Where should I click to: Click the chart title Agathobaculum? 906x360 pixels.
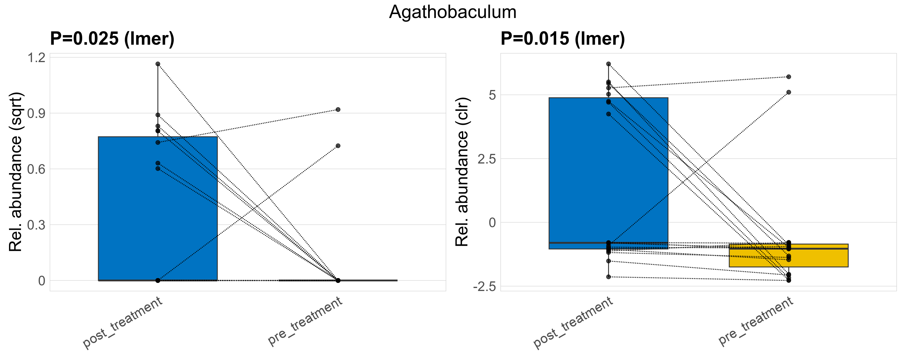453,12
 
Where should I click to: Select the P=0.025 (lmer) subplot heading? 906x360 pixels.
112,38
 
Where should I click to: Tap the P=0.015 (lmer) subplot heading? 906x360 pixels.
563,38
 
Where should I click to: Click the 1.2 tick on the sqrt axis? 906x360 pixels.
37,58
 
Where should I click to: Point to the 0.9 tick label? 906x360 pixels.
37,113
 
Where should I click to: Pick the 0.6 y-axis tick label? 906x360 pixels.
37,169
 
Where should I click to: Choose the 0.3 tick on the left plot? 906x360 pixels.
37,225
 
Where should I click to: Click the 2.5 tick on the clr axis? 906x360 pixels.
487,159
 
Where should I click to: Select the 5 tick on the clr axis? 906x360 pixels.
492,95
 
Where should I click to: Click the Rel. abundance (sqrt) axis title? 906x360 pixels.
16,172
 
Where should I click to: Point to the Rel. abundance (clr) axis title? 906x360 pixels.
462,172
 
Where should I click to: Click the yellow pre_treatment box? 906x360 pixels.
788,256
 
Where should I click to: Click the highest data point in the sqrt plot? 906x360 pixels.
158,64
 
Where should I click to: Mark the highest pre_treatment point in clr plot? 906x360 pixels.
788,76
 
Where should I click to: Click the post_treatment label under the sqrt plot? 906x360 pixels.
122,322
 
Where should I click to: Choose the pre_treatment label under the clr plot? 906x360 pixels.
755,321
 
